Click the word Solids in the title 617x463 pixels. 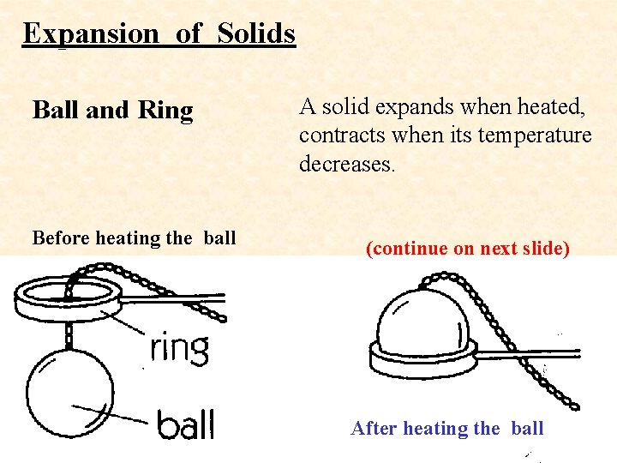256,33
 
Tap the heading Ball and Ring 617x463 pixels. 112,111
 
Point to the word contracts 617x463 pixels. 336,135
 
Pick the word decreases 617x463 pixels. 346,163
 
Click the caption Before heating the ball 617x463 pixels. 133,238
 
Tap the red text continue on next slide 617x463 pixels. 467,249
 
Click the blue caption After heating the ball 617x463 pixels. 446,428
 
